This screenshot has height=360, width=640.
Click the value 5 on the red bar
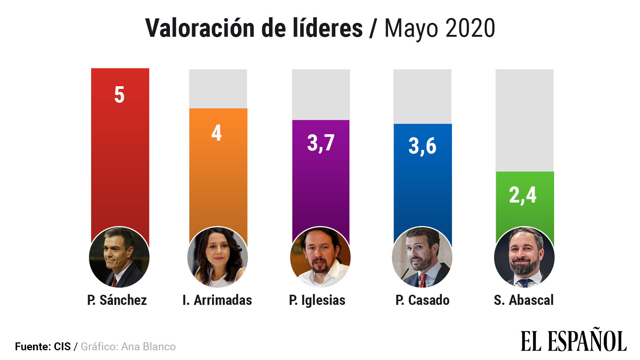[x=119, y=95]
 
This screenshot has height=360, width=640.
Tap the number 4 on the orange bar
[x=216, y=133]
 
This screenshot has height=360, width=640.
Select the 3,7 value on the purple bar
[x=321, y=143]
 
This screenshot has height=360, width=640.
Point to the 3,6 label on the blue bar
[x=422, y=146]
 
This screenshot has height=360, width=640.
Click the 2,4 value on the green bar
[x=523, y=195]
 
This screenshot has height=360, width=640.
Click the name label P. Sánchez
[x=117, y=300]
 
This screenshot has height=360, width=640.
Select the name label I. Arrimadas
[x=217, y=300]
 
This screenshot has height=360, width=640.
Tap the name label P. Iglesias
[x=317, y=300]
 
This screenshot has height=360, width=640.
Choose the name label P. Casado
[x=422, y=300]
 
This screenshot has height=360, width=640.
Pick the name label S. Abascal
[x=524, y=300]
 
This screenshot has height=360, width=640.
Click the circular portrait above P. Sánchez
[x=119, y=257]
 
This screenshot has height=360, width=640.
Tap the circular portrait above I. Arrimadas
[x=218, y=257]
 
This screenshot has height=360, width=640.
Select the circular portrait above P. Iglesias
[x=320, y=257]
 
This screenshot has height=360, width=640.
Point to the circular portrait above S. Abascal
[x=524, y=257]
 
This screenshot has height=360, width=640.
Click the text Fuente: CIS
[x=43, y=346]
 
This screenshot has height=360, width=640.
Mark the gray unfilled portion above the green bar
[x=524, y=120]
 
